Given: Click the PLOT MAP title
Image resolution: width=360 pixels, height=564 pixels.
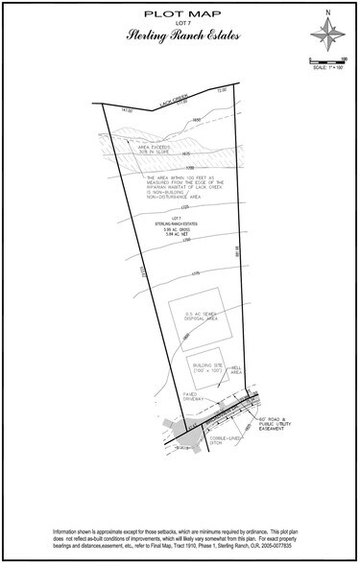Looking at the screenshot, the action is (180, 16).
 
